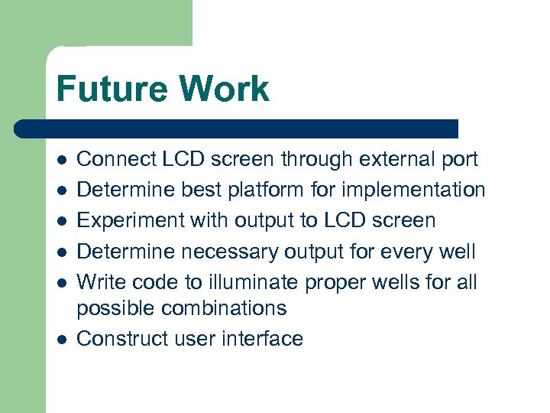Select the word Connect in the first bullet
(x=117, y=160)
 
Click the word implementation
(x=410, y=190)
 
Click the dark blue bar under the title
(x=237, y=128)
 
